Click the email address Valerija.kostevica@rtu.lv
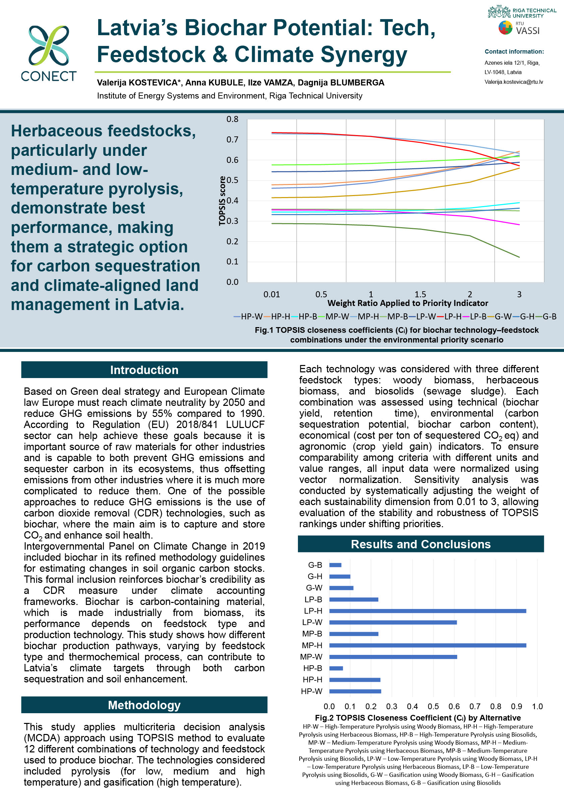point(513,82)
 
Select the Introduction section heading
point(144,370)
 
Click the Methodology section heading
point(144,705)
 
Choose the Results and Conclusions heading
point(420,544)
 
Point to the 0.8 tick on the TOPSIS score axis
point(233,119)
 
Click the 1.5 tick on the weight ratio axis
point(420,294)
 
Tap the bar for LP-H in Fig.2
point(427,611)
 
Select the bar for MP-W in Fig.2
point(393,657)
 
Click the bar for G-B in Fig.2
point(335,565)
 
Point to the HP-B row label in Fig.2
point(312,668)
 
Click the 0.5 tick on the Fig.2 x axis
point(433,706)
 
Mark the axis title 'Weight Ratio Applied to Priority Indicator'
point(408,303)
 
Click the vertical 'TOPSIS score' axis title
point(222,201)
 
